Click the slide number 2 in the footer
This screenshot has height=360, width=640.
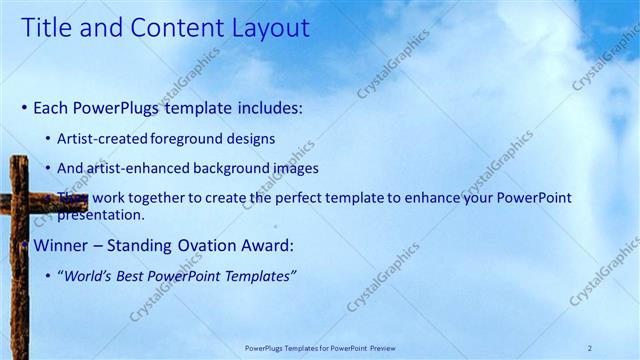pos(590,347)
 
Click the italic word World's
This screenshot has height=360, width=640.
pos(90,276)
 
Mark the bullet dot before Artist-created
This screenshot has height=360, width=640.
pos(50,139)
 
